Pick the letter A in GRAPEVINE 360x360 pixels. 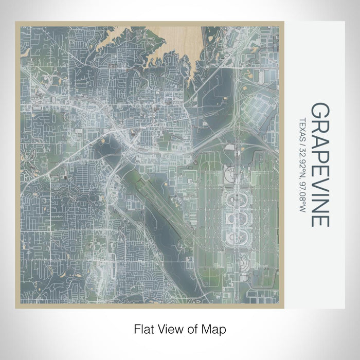point(320,138)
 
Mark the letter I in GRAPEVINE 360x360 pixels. point(320,191)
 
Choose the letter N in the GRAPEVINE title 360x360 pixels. point(320,203)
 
